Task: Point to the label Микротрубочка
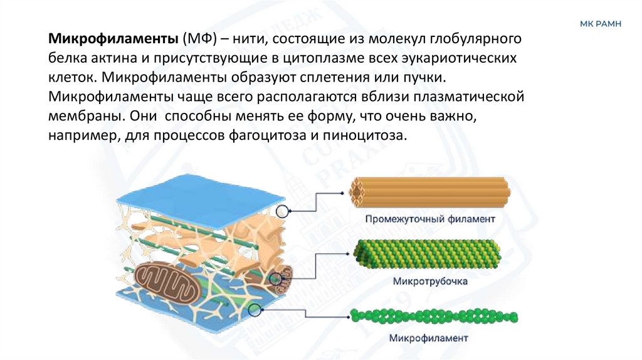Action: pos(430,281)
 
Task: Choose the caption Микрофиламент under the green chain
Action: pos(429,338)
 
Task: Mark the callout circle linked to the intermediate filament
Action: pos(283,211)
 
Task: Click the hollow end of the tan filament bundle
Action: pos(360,190)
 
